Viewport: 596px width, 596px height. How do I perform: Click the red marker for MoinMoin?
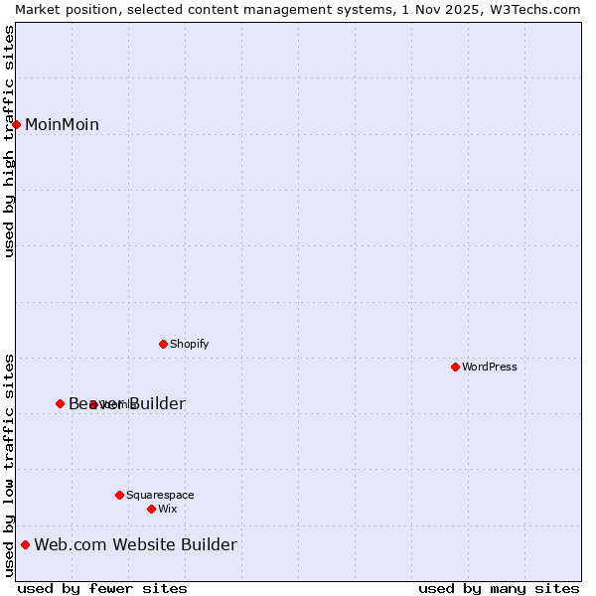(17, 124)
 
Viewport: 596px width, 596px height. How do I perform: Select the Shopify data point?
(163, 344)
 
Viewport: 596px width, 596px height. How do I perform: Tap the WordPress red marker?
(455, 367)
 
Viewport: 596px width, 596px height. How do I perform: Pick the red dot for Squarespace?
(119, 495)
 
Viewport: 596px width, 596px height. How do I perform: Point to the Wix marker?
(151, 509)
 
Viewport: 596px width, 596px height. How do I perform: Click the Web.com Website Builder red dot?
(26, 544)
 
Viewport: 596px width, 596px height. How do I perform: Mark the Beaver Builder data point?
(60, 403)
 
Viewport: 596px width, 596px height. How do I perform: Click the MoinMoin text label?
(62, 124)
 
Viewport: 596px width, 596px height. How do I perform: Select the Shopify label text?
(189, 344)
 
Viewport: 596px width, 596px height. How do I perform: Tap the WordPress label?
(490, 367)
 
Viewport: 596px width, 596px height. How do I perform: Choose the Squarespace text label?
(160, 495)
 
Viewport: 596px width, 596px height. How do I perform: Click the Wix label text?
(167, 509)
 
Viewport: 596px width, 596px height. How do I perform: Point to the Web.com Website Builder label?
(136, 544)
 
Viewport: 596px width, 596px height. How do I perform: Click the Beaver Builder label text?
(127, 403)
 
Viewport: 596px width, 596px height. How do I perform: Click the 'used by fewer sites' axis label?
(102, 588)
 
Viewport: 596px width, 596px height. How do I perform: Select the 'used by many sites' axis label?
(498, 588)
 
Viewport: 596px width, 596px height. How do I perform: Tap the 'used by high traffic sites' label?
(9, 141)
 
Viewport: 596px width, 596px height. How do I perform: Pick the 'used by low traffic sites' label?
(9, 464)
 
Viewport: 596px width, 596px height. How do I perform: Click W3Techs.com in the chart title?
(537, 9)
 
